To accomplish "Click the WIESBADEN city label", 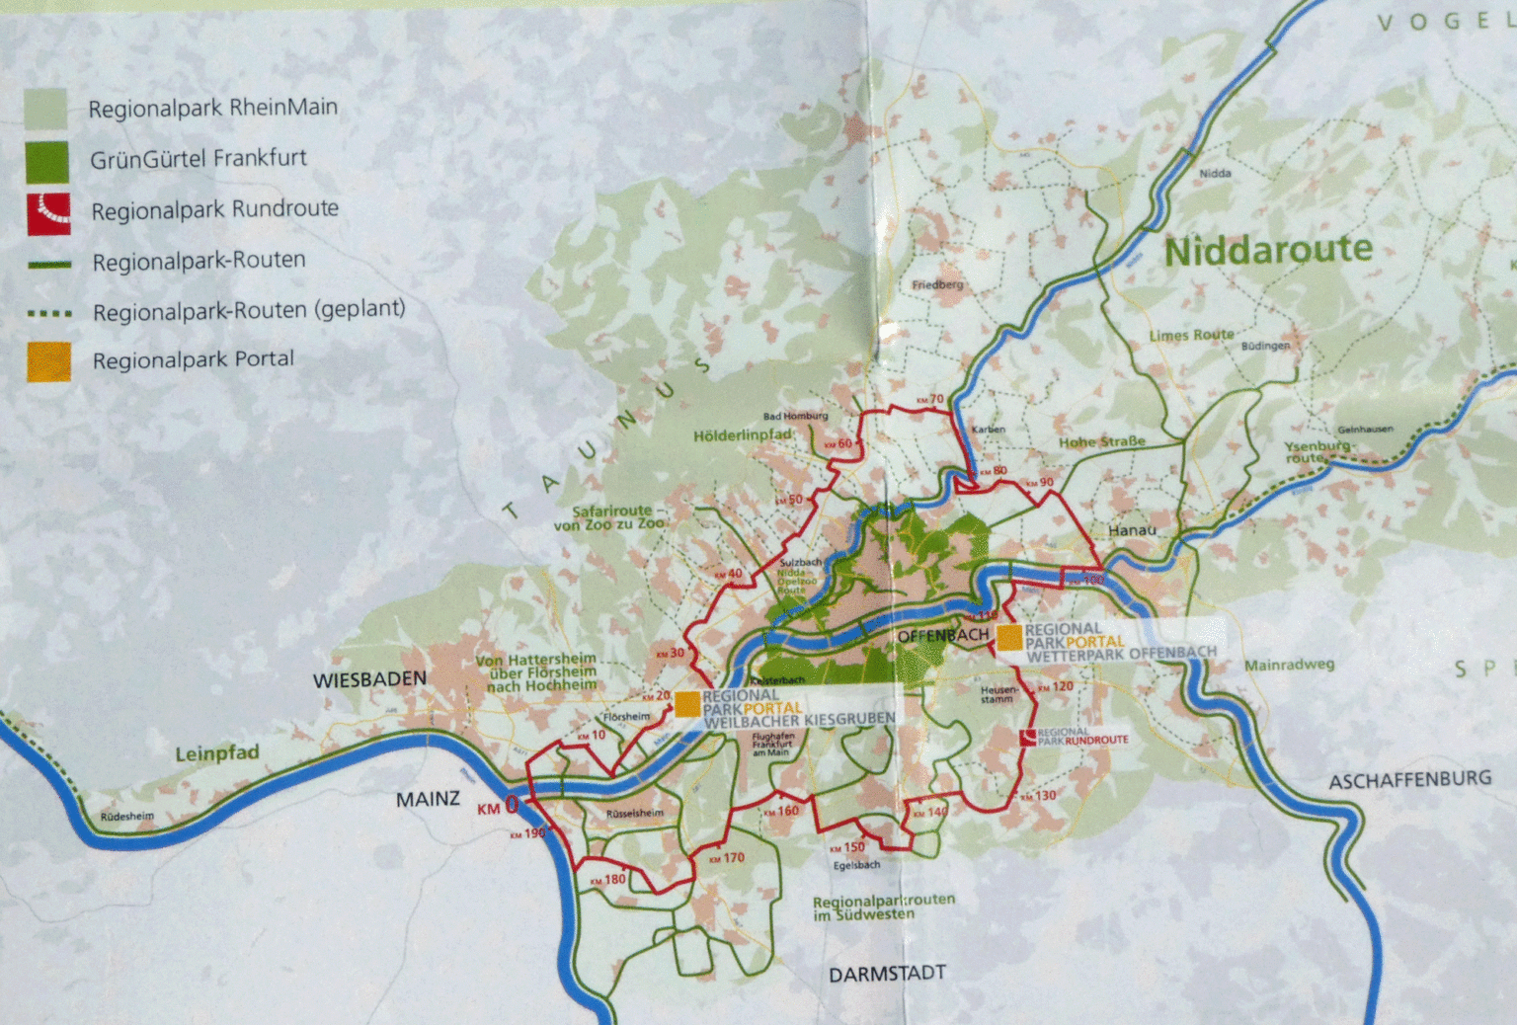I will point(369,679).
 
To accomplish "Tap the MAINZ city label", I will point(428,799).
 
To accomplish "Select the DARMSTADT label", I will point(887,974).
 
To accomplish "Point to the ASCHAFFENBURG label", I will point(1409,780).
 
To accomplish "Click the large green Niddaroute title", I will point(1268,250).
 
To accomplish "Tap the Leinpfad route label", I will point(216,753).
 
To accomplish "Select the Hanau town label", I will point(1132,530).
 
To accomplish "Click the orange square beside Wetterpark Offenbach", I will point(1009,638).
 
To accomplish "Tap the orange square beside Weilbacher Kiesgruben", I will point(687,703).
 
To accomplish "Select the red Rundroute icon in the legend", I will point(48,212).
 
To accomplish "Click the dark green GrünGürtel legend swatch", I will point(47,161).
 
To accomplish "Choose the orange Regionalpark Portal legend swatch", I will point(48,361).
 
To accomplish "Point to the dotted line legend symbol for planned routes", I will point(48,313).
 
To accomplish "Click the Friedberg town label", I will point(937,284).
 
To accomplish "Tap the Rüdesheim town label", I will point(127,817).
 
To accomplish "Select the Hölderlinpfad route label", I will point(743,435).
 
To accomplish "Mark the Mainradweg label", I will point(1289,665).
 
